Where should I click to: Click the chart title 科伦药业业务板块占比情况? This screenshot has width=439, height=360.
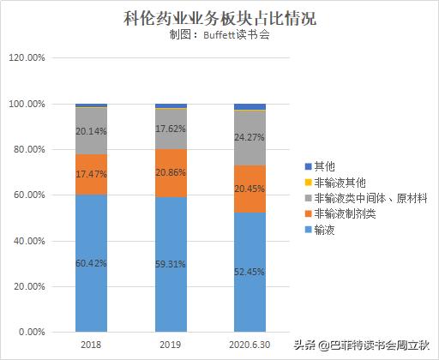tap(219, 17)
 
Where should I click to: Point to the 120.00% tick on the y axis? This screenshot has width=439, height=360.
tap(27, 58)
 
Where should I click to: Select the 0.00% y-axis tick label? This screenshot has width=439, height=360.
tap(32, 332)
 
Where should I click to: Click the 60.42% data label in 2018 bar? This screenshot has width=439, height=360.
tap(91, 262)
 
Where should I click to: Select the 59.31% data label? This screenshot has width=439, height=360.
tap(171, 264)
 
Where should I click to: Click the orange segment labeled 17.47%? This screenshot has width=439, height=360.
tap(91, 173)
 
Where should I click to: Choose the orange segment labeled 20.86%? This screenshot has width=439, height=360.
tap(171, 172)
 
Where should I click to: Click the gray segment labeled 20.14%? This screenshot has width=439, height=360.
tap(91, 131)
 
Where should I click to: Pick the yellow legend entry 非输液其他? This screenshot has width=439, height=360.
tap(340, 183)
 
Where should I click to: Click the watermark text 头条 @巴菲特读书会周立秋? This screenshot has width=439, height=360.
tap(363, 346)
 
